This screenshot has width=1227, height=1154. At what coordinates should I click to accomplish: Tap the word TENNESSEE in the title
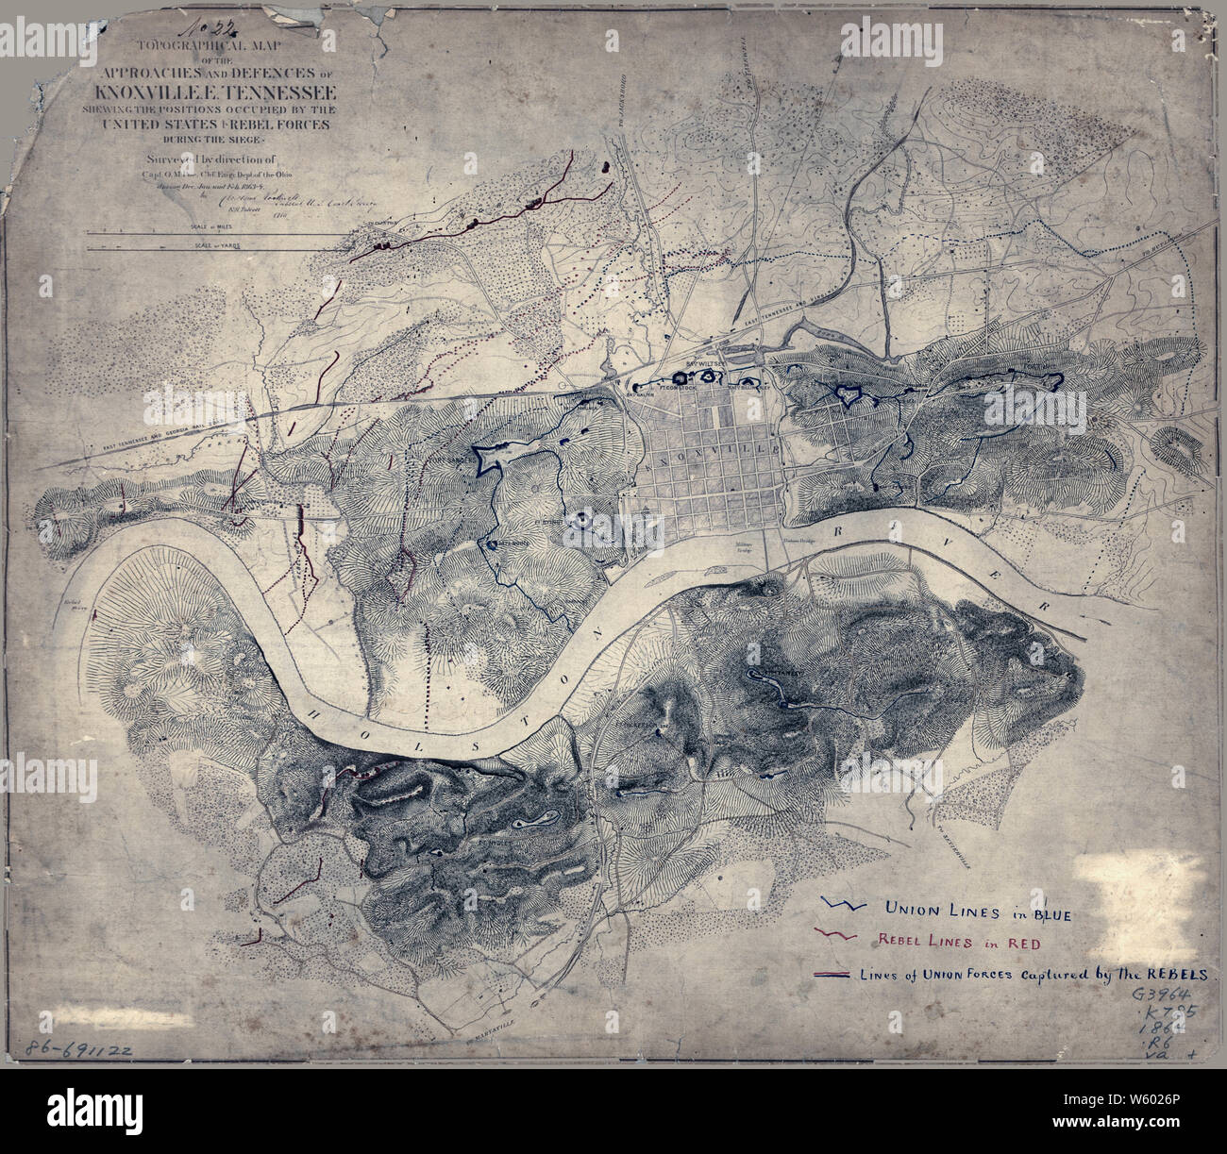click(278, 92)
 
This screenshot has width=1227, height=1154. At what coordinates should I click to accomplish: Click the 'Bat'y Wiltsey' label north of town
click(703, 362)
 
